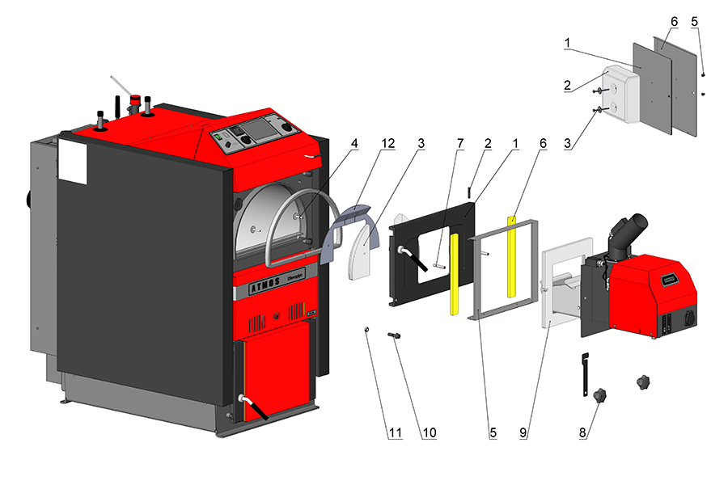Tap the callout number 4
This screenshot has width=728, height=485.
point(355,143)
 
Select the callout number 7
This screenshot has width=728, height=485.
point(459,143)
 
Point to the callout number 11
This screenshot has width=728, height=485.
point(394,432)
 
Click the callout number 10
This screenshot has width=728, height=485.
point(429,432)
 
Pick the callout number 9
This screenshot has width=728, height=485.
point(523,432)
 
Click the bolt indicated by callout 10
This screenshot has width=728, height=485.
point(395,334)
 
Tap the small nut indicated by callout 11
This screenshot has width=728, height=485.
point(366,329)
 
